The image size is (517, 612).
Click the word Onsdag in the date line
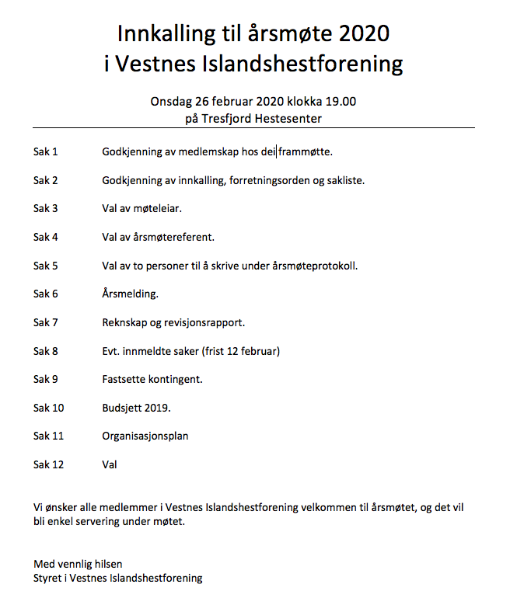[170, 101]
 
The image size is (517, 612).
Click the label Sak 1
[46, 151]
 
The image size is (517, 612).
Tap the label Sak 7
[46, 322]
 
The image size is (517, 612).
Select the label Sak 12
[48, 464]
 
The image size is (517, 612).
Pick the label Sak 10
[48, 408]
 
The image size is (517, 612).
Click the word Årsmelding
[130, 294]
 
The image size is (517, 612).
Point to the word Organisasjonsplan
[145, 436]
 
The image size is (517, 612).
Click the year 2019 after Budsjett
[158, 408]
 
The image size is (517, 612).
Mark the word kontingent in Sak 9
[176, 379]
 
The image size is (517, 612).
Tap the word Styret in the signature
[49, 578]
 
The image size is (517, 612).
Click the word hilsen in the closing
[107, 563]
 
